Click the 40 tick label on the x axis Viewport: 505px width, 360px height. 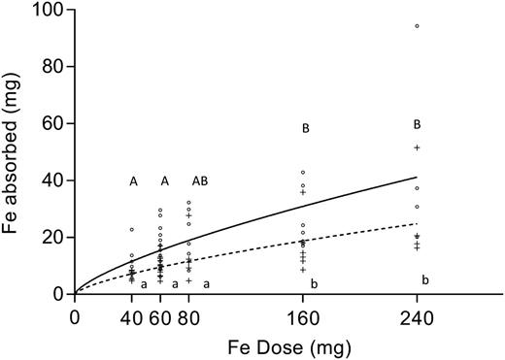131,316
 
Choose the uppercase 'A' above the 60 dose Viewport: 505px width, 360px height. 165,181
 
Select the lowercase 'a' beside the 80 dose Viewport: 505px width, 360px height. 206,283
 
